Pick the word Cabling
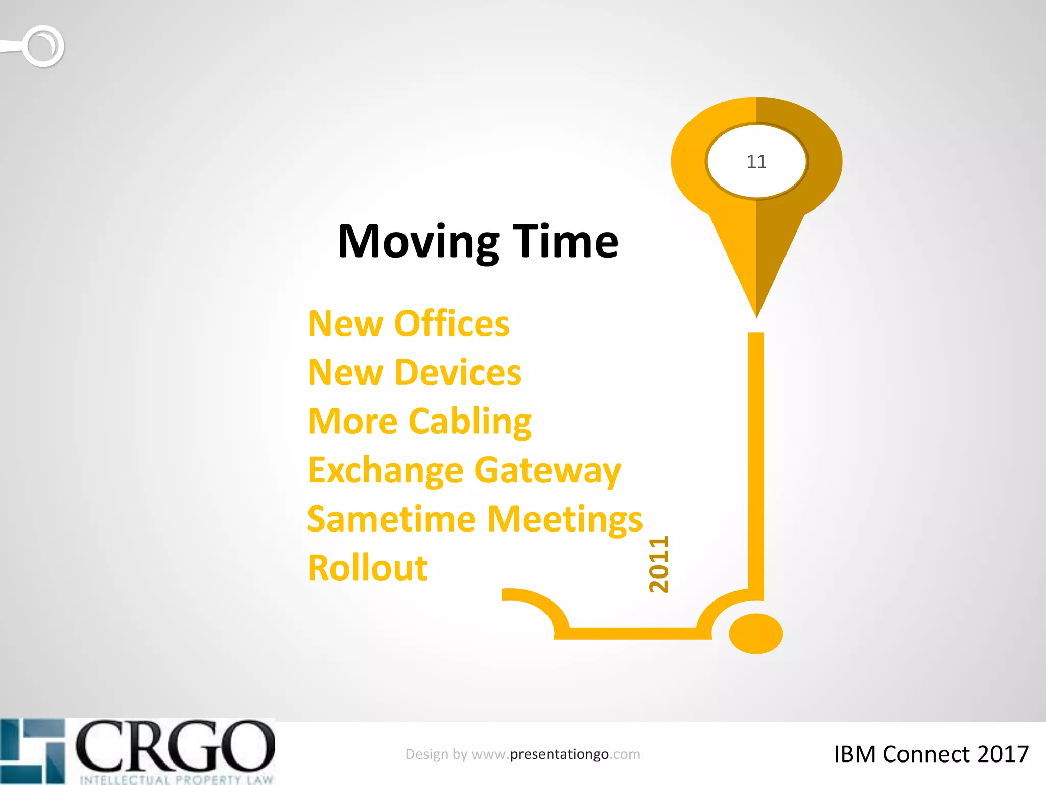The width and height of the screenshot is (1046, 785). (470, 422)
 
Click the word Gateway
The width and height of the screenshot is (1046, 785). (547, 471)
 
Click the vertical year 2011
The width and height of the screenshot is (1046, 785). (658, 564)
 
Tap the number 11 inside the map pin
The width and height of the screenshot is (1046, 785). (756, 161)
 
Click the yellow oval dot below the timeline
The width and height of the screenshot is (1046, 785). (756, 634)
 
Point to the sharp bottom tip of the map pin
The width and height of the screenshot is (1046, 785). (756, 314)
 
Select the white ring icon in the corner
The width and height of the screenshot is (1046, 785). (44, 46)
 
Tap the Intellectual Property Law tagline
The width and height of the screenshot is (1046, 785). (176, 779)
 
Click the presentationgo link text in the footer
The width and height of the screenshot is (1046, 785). (559, 754)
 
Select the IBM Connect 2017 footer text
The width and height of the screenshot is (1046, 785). (931, 754)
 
